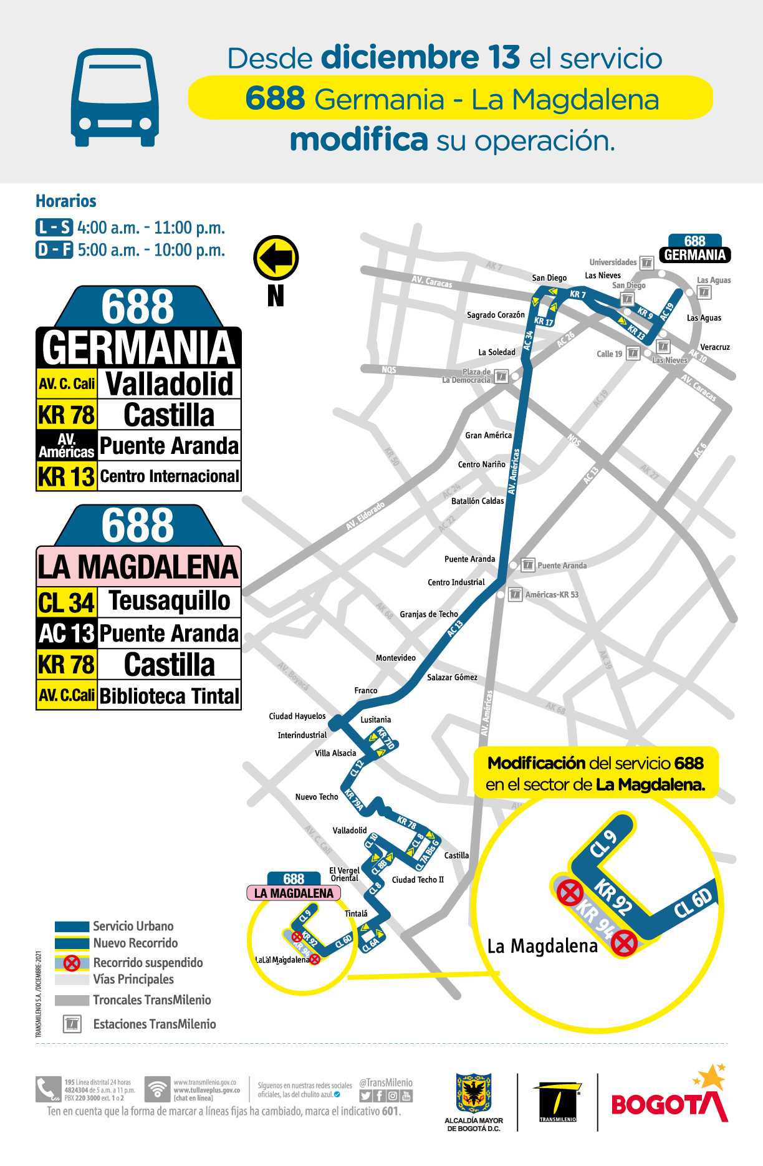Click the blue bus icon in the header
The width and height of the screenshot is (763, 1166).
(115, 98)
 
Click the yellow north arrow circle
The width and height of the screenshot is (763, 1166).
(276, 258)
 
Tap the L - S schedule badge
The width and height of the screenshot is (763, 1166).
(54, 228)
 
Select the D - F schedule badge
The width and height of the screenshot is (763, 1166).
(54, 250)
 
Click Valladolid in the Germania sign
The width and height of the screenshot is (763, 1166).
(169, 383)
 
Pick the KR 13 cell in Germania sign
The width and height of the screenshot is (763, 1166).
(67, 476)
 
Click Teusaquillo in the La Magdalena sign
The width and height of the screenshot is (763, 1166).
(169, 601)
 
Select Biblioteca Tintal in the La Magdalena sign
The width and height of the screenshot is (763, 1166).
(169, 695)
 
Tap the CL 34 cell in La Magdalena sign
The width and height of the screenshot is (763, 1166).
(67, 602)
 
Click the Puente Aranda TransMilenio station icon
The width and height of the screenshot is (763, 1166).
(527, 565)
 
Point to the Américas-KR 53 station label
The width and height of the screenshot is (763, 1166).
(552, 595)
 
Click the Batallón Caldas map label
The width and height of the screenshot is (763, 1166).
(477, 501)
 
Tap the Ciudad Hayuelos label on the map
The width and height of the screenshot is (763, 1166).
(297, 716)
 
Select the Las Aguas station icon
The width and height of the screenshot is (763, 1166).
(704, 292)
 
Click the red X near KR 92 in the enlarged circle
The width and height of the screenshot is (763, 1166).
(570, 893)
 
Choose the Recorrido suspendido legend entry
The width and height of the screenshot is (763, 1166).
(147, 963)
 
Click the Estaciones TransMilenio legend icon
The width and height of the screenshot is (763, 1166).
(72, 1024)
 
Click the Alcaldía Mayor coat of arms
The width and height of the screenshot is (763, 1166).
(474, 1093)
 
